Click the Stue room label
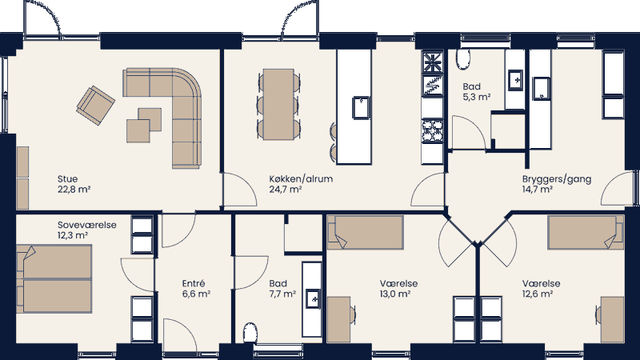click(67, 178)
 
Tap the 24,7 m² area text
click(285, 190)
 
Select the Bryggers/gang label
click(556, 178)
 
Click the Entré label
click(194, 283)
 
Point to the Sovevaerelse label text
click(86, 225)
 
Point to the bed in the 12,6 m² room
click(585, 232)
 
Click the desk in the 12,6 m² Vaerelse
click(612, 318)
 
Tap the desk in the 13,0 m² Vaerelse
click(338, 318)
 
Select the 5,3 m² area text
click(476, 97)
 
